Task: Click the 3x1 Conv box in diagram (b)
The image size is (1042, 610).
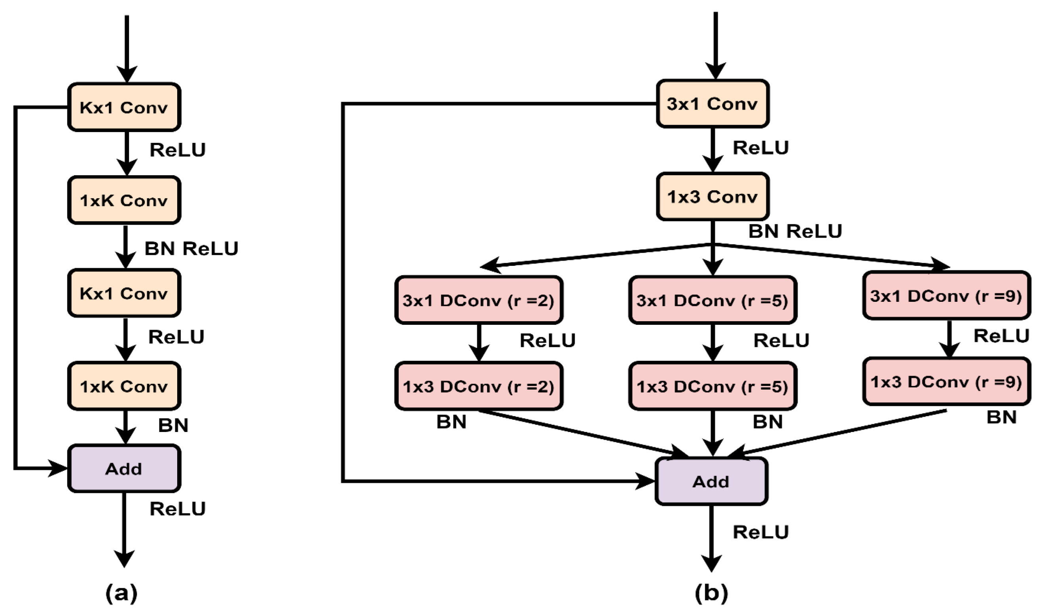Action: [x=712, y=104]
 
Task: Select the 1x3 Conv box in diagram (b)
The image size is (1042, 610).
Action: [x=712, y=197]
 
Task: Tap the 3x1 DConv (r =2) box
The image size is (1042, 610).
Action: [x=479, y=300]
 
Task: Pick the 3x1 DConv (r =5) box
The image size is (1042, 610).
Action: [x=712, y=300]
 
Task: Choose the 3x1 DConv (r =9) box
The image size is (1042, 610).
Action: [x=946, y=296]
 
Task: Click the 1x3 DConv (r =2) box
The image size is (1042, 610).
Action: [x=479, y=386]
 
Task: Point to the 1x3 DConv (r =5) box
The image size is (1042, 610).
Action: [x=712, y=386]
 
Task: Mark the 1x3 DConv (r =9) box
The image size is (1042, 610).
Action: [x=946, y=381]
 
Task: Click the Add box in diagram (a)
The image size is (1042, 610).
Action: [x=124, y=468]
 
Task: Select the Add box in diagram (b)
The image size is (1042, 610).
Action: [x=711, y=481]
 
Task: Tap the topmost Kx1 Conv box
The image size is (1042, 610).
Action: [x=124, y=108]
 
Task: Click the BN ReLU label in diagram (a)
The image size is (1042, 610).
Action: [x=191, y=248]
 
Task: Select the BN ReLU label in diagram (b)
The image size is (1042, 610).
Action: [x=795, y=231]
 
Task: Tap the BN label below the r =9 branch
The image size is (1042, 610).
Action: [x=1002, y=417]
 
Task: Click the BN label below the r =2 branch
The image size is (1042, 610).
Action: [x=451, y=422]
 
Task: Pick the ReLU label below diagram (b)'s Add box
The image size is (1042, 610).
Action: [x=760, y=532]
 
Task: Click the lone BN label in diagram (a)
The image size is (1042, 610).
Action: [x=173, y=425]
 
